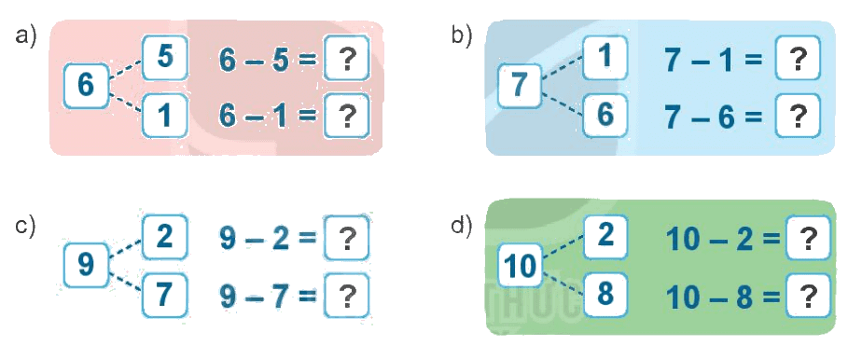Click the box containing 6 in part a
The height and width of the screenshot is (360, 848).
(x=87, y=85)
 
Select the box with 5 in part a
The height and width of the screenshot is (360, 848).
(x=165, y=57)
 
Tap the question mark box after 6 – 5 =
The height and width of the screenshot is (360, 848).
(x=347, y=57)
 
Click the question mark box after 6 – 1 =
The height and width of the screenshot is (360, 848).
(x=347, y=115)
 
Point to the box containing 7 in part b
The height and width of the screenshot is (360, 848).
(x=520, y=85)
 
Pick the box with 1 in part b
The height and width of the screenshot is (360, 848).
(x=605, y=57)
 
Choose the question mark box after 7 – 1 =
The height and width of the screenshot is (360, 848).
(x=798, y=57)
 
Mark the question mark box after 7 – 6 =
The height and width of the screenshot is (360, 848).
(x=798, y=115)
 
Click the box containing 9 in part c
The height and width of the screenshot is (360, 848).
(x=87, y=265)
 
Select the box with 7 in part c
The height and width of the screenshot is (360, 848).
(x=165, y=294)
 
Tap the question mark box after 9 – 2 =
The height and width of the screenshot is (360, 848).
(x=347, y=237)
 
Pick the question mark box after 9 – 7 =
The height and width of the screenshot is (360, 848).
(x=347, y=294)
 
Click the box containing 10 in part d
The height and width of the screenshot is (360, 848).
(x=520, y=265)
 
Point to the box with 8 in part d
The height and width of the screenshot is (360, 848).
(x=605, y=294)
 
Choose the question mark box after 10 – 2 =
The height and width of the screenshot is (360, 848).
(x=808, y=238)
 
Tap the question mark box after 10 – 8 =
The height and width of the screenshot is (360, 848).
(x=808, y=295)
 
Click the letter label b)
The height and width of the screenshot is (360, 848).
(x=462, y=35)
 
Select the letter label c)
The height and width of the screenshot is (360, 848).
(x=25, y=225)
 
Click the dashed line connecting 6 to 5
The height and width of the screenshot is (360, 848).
(x=126, y=69)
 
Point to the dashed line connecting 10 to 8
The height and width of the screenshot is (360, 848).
(x=563, y=284)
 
